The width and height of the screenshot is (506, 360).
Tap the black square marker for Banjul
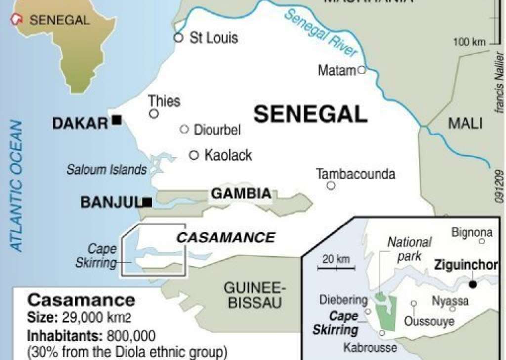pos(147,202)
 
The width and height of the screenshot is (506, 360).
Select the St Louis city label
pos(213,38)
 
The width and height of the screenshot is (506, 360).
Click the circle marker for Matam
pos(361,70)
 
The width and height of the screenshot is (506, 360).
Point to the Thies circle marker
pos(154,114)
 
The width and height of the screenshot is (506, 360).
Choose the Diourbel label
pos(217,130)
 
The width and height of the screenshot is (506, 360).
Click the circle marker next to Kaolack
pos(194,155)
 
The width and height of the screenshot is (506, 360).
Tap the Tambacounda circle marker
pos(331,186)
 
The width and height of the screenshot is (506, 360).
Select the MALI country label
pos(465,123)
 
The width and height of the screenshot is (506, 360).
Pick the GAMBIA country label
pos(242,194)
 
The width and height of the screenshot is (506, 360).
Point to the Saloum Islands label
pos(107,170)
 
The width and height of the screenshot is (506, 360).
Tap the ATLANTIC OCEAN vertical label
pos(17,185)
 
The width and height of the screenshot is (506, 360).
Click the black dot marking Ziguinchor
pos(473,284)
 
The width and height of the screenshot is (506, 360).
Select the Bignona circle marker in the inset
pos(482,241)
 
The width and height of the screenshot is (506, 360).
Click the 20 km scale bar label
pos(336,259)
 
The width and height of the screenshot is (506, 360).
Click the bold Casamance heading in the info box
pos(81,300)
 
